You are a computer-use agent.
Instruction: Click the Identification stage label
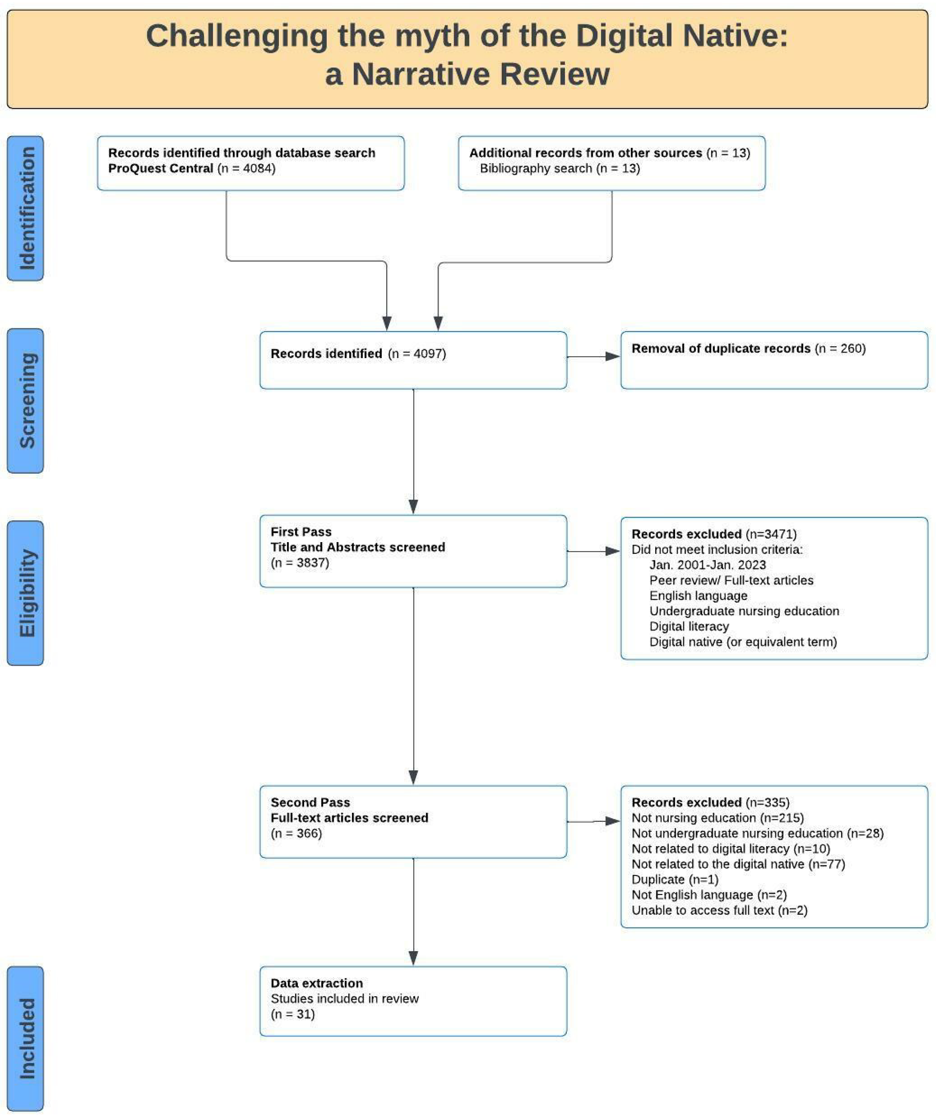coord(26,208)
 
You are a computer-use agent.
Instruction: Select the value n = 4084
coord(246,168)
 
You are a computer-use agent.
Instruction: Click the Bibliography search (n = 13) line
coord(560,168)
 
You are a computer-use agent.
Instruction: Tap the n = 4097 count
coord(417,354)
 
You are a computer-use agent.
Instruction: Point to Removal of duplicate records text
coord(721,349)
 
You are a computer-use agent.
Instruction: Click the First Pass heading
coord(301,532)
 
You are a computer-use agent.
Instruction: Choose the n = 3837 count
coord(300,563)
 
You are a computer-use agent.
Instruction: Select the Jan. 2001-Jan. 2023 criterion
coord(707,565)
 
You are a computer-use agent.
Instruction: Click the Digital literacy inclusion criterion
coord(689,627)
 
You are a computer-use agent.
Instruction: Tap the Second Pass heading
coord(310,803)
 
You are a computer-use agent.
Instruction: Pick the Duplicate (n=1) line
coord(675,880)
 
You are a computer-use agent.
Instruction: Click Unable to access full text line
coord(719,911)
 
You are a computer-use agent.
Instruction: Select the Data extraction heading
coord(317,983)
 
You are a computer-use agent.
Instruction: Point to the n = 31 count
coord(292,1014)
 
